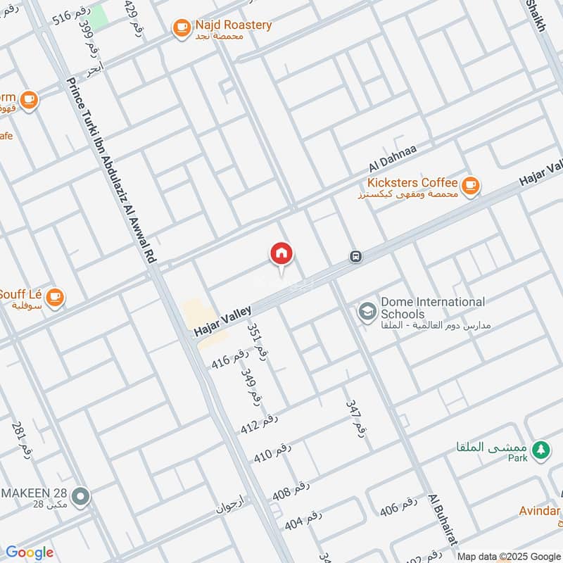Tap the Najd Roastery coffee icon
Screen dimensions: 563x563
(x=182, y=27)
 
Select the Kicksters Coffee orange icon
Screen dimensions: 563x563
(x=472, y=185)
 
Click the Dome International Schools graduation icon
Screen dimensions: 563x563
(x=367, y=311)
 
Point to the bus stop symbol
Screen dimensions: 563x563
(x=357, y=257)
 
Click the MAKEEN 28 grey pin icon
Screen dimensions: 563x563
(x=82, y=497)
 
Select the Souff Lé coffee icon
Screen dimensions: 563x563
(x=55, y=297)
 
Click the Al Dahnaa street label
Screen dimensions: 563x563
(x=393, y=159)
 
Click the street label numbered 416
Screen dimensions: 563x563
(x=230, y=360)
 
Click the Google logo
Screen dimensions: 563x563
(x=30, y=552)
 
